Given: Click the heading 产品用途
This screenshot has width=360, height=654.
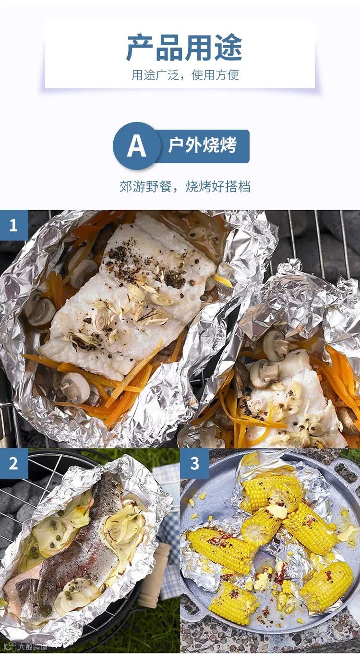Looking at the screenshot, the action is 184,48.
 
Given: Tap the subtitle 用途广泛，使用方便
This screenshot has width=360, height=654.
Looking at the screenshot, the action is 185,75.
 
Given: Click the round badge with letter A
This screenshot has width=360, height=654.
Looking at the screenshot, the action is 136,145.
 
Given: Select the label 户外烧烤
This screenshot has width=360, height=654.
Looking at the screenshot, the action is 202,145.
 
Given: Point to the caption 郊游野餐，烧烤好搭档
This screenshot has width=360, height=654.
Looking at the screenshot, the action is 185,187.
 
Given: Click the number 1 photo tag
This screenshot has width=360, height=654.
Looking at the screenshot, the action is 14,225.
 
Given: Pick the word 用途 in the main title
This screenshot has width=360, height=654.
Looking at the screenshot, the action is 214,48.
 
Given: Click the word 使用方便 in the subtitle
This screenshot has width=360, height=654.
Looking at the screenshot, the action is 216,75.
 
